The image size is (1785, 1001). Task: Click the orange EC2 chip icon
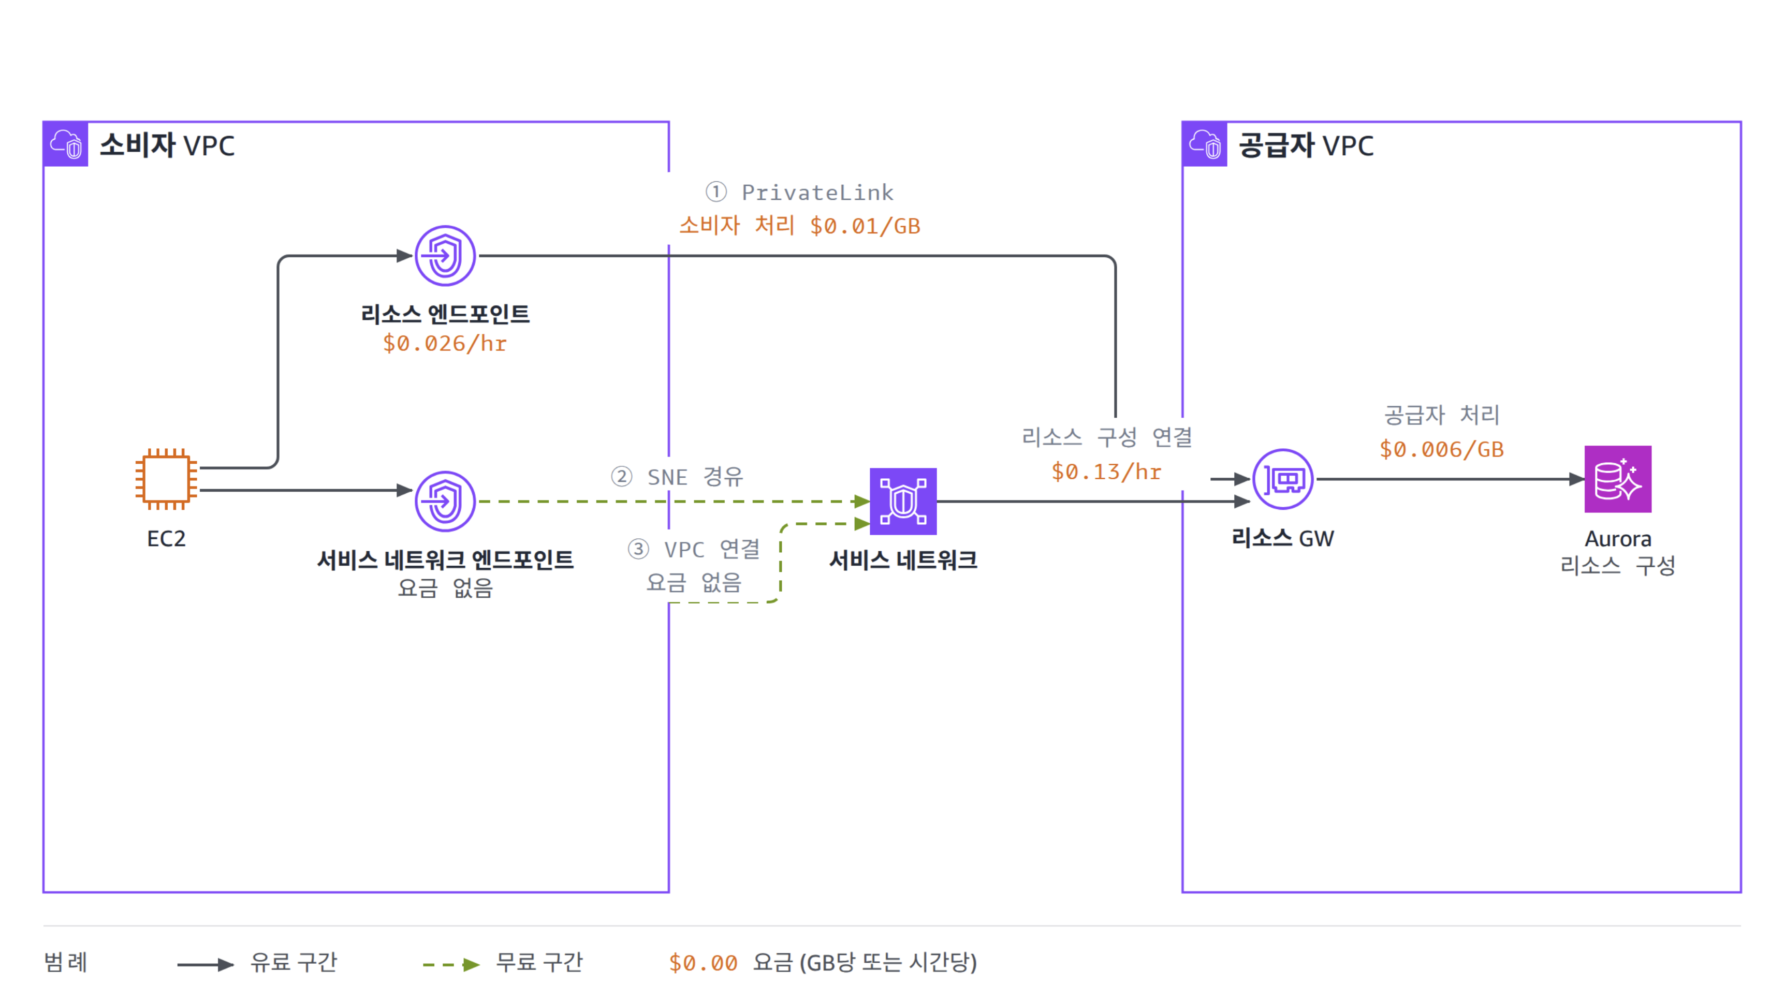pos(166,479)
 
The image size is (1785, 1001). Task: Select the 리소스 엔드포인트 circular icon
pos(445,256)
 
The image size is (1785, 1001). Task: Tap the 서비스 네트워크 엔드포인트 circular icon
pos(445,501)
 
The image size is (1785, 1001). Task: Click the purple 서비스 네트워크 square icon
pos(903,501)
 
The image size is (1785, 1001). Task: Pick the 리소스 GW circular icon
pos(1283,479)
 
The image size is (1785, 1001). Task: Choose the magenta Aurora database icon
pos(1617,479)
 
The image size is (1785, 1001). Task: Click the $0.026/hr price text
pos(445,343)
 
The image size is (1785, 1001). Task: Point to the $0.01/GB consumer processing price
pos(865,226)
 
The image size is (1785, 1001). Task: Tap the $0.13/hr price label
pos(1106,471)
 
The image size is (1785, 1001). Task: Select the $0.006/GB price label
pos(1441,449)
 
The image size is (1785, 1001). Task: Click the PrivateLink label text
pos(817,192)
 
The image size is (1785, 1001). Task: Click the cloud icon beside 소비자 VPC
pos(66,144)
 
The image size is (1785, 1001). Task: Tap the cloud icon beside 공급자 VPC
pos(1204,144)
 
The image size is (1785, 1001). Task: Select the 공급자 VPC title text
pos(1306,145)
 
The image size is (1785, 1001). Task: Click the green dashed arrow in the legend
pos(451,964)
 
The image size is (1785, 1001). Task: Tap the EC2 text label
pos(166,538)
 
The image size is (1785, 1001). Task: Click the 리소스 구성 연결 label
pos(1107,436)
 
